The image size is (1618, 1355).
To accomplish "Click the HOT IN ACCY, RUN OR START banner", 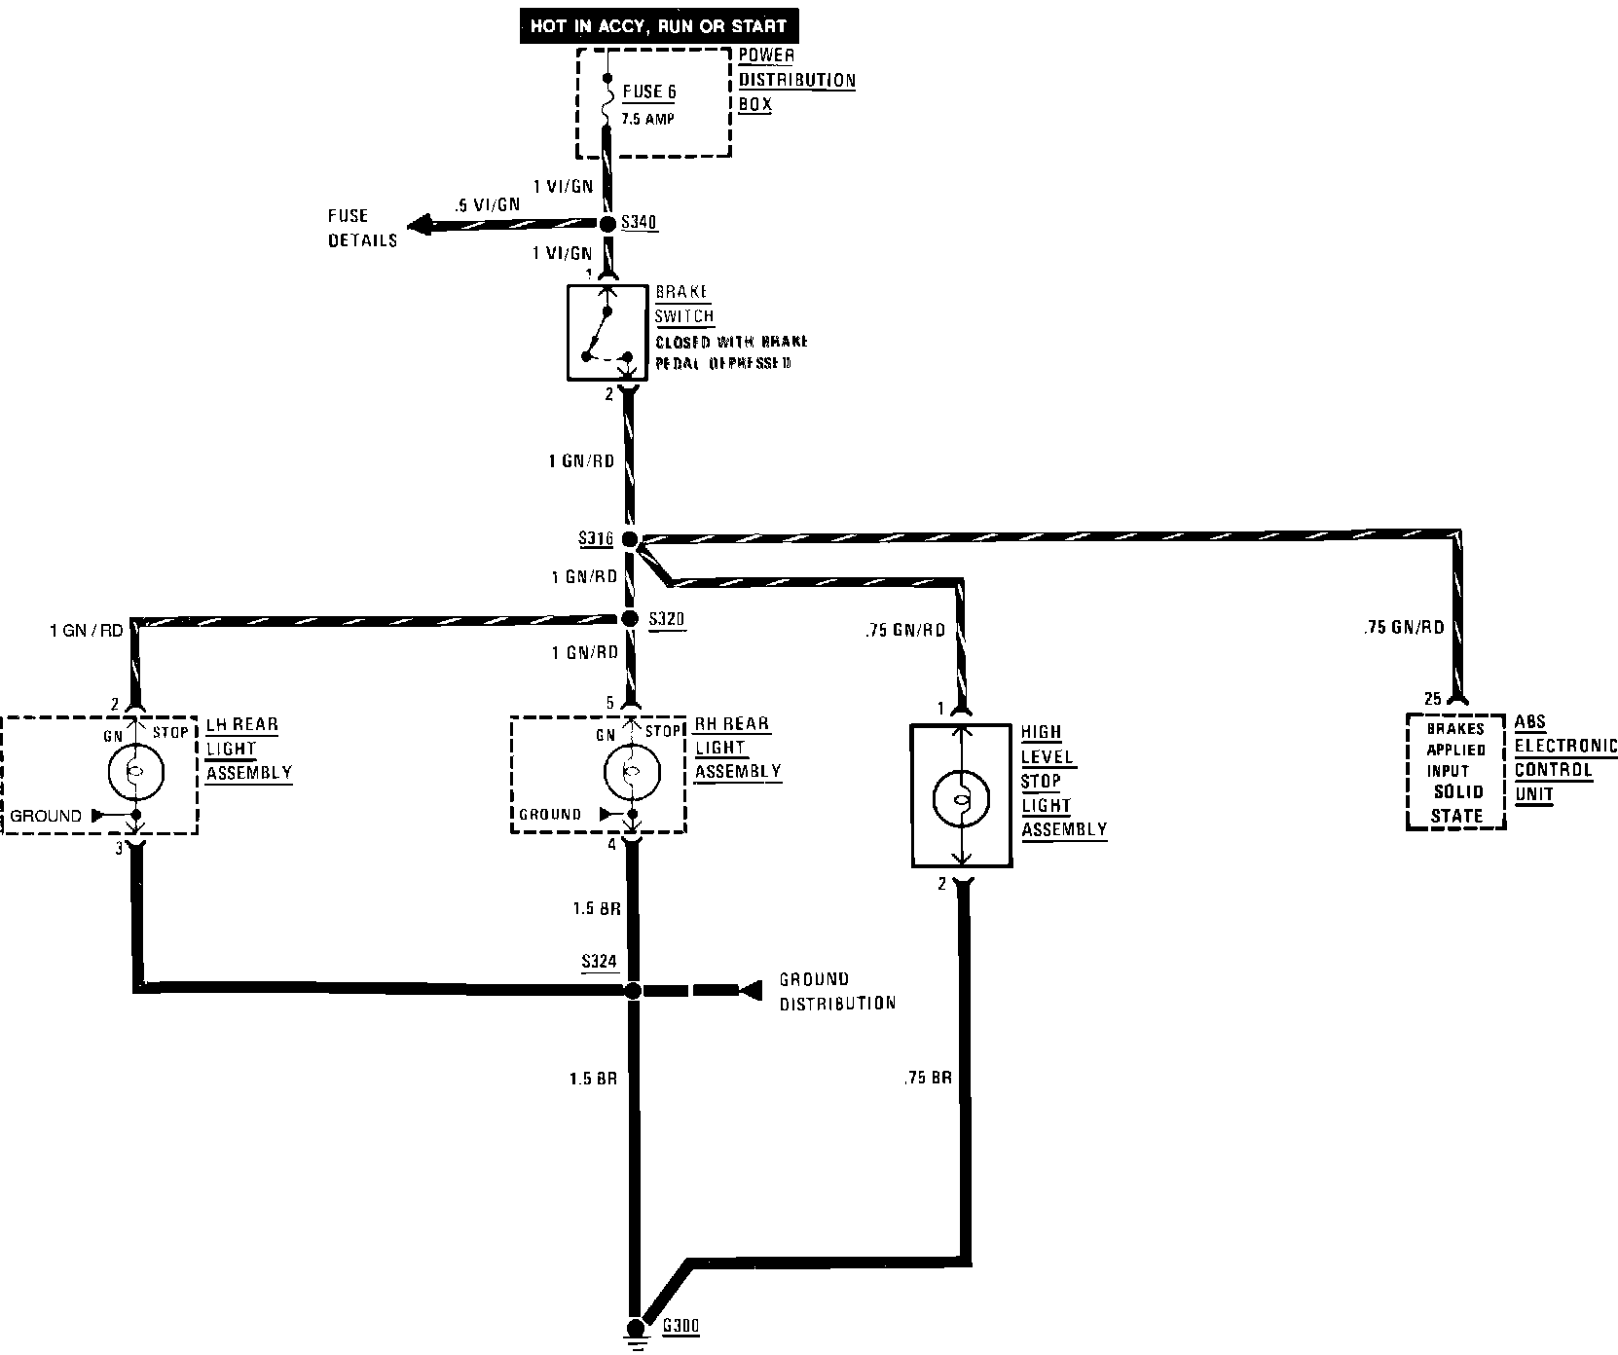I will (x=657, y=26).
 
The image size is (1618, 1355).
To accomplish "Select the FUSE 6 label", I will (x=648, y=92).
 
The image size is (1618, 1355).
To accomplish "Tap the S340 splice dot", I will (x=607, y=225).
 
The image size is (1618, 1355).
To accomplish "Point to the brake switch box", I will (x=607, y=332).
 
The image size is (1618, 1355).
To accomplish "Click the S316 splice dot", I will (x=629, y=539).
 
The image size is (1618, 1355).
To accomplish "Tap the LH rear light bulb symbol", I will (x=135, y=772).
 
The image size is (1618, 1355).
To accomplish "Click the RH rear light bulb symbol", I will (x=632, y=772).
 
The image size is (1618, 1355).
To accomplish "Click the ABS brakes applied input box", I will (x=1455, y=772).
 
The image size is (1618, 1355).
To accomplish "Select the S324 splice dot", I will (x=632, y=991).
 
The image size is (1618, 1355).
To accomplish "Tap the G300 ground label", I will (x=680, y=1326).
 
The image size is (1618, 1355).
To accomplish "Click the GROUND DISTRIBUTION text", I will (x=836, y=991).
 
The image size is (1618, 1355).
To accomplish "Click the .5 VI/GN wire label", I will (x=486, y=204).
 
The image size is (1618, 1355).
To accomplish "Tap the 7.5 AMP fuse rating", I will (x=648, y=119).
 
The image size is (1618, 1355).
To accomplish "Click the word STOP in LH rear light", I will (x=169, y=732).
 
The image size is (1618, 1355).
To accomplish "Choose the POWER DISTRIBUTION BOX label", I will (x=796, y=80).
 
